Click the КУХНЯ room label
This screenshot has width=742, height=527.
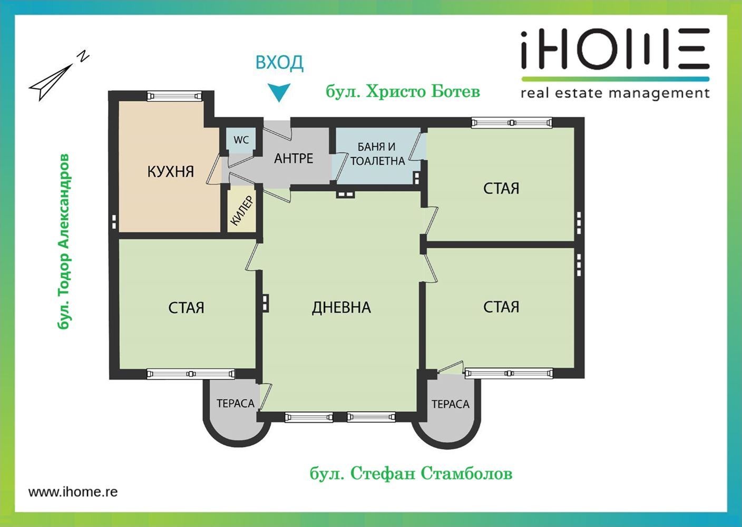click(170, 172)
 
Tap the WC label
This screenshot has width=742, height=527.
click(241, 140)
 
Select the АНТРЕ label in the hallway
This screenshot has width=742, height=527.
click(294, 159)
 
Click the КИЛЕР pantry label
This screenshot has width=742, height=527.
click(242, 211)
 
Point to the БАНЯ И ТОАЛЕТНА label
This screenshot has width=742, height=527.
click(377, 154)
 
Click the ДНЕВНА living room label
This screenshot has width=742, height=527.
click(341, 307)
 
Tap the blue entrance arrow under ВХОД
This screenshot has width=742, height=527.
click(279, 92)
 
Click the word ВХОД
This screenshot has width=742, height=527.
click(279, 63)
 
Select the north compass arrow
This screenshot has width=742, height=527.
click(58, 77)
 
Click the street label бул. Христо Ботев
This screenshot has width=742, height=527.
click(403, 92)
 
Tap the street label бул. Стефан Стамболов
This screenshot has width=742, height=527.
click(411, 474)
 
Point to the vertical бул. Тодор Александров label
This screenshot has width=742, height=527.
click(64, 241)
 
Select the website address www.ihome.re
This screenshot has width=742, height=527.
click(73, 492)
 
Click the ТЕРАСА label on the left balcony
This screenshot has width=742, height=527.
click(235, 404)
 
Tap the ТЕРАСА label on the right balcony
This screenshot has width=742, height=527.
click(450, 404)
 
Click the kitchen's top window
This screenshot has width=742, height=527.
click(174, 95)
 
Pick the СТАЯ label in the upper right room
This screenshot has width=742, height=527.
click(501, 188)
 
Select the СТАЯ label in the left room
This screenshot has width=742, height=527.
click(186, 308)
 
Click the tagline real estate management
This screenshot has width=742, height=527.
click(614, 94)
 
